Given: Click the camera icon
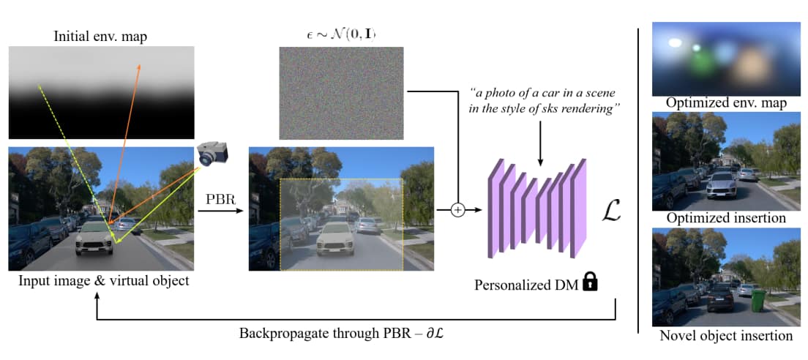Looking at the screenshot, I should (212, 153).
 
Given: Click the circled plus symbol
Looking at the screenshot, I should (457, 210).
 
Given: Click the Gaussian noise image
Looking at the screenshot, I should (342, 93).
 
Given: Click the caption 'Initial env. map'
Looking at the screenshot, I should (101, 37).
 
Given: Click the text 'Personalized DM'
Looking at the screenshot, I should (526, 285).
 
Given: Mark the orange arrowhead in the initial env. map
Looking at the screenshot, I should (138, 67).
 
